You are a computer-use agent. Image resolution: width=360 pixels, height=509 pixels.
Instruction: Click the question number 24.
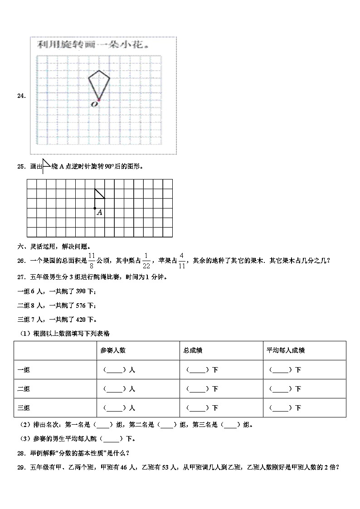point(20,96)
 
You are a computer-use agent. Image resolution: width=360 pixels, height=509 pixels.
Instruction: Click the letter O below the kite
point(94,105)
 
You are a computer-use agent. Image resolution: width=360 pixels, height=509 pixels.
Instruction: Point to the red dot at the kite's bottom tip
point(98,100)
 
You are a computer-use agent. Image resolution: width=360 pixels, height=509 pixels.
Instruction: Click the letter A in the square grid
point(99,212)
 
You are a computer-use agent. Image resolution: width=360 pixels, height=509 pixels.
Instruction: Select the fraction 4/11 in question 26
point(182,260)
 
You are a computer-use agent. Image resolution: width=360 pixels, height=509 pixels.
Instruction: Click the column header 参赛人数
point(113,350)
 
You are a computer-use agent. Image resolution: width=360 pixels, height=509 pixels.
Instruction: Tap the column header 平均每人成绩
point(285,350)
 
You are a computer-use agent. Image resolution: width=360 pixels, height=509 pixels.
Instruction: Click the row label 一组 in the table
point(24,370)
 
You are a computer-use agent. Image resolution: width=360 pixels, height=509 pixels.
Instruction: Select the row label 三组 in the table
point(24,408)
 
